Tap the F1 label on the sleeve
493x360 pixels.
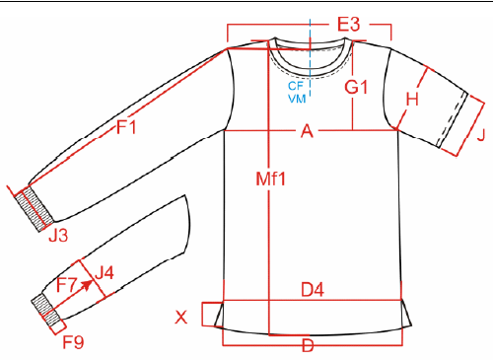tap(126, 127)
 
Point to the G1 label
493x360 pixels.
tap(357, 87)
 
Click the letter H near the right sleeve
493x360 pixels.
tap(413, 99)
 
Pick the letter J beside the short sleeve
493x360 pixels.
tap(480, 136)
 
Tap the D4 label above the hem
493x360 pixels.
tap(315, 289)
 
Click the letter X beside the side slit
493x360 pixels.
tap(180, 317)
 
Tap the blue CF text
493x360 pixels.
tap(296, 86)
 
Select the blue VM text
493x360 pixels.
tap(296, 99)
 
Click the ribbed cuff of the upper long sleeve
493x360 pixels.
tap(33, 208)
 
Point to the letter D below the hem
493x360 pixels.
tap(308, 346)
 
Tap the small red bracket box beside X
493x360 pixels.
tap(211, 315)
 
